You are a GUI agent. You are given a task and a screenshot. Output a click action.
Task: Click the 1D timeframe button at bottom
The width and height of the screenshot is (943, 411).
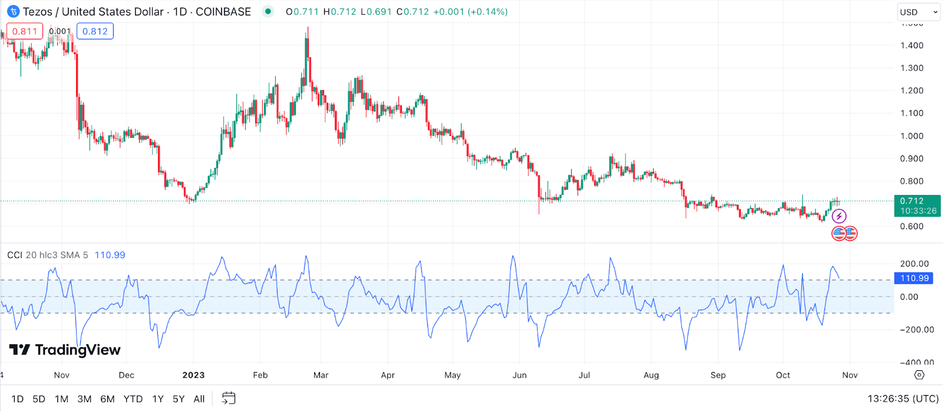coord(18,399)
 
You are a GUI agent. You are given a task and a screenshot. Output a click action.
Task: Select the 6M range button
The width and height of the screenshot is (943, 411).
coord(107,399)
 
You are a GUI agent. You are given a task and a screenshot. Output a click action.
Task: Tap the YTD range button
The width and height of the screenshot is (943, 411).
coord(133,399)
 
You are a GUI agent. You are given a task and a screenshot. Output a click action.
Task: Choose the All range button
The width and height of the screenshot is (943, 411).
coord(199,399)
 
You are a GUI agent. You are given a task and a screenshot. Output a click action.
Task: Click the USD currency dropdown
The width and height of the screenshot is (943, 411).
coord(918,12)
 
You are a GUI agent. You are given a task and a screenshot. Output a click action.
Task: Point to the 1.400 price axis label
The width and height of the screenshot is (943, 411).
coord(912,45)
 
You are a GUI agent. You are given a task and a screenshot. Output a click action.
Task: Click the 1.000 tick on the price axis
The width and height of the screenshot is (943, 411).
coord(912,136)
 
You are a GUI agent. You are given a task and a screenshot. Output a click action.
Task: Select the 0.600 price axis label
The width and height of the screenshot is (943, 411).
coord(912,227)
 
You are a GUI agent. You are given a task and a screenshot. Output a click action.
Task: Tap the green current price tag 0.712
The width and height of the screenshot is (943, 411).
coord(917,206)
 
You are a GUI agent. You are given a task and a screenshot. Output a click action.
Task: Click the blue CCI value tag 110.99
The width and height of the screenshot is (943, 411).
coord(914,278)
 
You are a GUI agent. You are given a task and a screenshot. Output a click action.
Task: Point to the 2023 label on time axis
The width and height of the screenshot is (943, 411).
coord(193,375)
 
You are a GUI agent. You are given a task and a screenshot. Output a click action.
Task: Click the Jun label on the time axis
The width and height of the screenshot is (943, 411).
coord(519,375)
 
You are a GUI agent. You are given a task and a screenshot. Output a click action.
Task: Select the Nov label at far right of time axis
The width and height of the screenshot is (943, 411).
coord(850,375)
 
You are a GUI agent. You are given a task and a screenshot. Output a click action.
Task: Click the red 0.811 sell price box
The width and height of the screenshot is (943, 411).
coord(25,31)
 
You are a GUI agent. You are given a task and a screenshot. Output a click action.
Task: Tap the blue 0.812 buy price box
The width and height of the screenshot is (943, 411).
coord(95,31)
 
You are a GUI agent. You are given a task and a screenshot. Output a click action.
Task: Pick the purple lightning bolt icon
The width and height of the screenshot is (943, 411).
coord(839,216)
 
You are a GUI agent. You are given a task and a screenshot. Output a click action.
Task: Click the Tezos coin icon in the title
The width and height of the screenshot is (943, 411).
coord(13,12)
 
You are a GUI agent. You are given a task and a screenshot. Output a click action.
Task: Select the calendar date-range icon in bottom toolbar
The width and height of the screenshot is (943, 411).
coord(228,399)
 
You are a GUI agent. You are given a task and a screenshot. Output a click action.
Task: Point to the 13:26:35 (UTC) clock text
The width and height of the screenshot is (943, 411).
coord(903,399)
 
